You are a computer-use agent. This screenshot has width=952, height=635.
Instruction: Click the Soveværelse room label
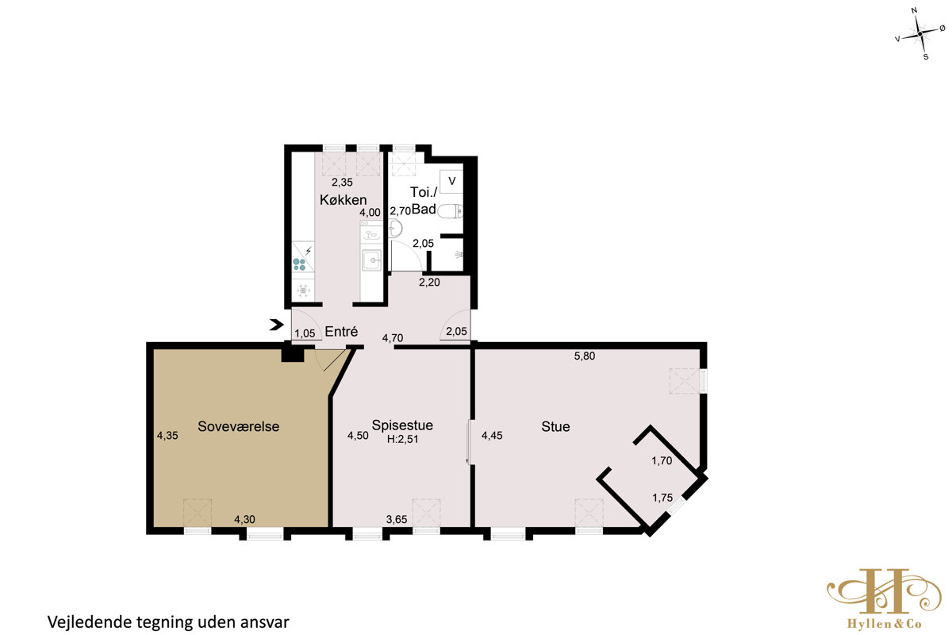(239, 426)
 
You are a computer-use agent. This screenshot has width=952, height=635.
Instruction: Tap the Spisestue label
(402, 425)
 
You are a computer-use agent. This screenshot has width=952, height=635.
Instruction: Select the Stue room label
(555, 426)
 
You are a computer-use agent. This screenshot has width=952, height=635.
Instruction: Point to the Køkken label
(343, 199)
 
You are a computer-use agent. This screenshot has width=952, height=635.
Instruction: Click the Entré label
(341, 331)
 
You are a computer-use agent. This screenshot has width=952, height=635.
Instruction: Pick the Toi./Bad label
(424, 200)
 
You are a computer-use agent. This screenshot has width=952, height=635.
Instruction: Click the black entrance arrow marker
(276, 325)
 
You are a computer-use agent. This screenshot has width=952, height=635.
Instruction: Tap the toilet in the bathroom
(450, 211)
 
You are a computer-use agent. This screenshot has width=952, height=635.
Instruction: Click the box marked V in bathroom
(451, 181)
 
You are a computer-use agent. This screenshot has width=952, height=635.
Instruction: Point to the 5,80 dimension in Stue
(585, 356)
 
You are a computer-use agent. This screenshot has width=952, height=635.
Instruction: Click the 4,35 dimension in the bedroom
(167, 435)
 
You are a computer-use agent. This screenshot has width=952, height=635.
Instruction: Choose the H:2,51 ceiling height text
(402, 440)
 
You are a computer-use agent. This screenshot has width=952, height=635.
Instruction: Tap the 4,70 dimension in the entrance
(392, 338)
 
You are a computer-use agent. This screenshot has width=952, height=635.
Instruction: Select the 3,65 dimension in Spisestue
(397, 519)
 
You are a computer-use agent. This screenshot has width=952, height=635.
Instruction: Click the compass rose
(919, 33)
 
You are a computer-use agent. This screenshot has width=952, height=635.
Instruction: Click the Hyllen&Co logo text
(884, 624)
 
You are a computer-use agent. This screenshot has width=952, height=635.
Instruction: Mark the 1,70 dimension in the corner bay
(662, 460)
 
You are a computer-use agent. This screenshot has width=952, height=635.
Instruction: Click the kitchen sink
(372, 260)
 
